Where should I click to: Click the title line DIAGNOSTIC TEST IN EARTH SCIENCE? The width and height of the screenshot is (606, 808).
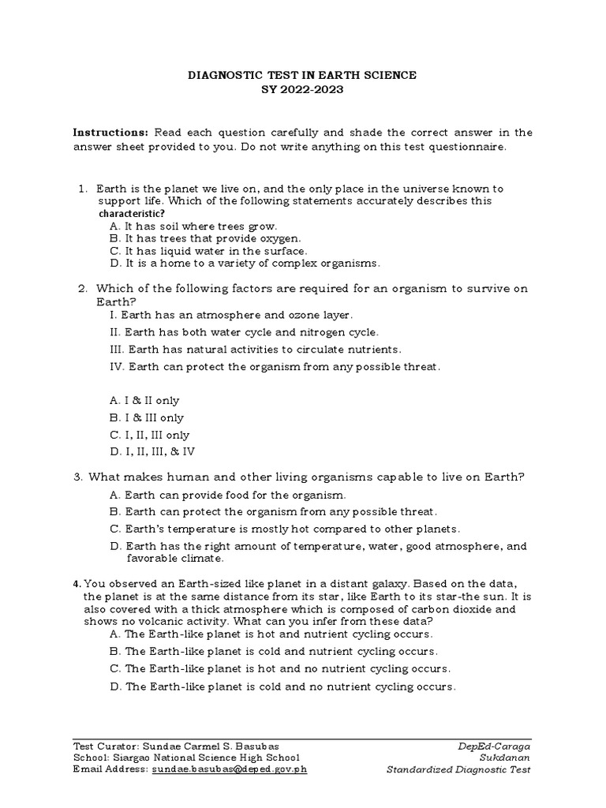301,75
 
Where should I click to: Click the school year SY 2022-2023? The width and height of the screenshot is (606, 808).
302,89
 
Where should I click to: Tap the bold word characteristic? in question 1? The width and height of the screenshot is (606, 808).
131,213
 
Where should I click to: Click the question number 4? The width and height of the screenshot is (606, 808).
77,584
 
